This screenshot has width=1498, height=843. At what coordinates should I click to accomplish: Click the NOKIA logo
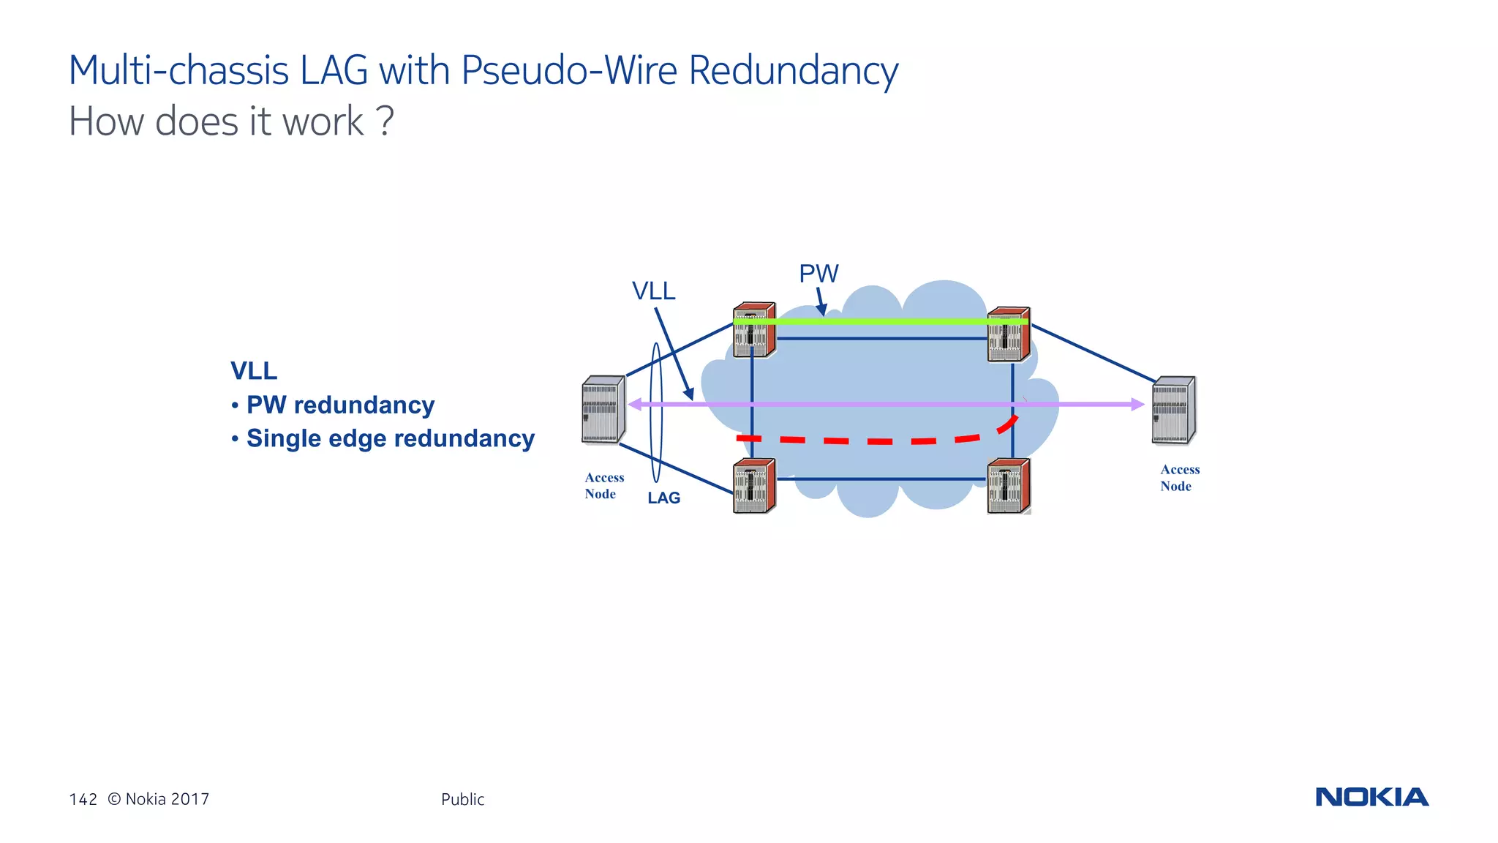coord(1371,797)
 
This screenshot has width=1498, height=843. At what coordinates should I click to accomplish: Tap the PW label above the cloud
coord(818,274)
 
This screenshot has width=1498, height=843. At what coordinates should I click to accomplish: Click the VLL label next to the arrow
coord(653,291)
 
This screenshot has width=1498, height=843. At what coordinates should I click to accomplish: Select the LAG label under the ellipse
coord(663,498)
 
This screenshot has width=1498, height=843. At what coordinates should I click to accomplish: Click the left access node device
coord(603,410)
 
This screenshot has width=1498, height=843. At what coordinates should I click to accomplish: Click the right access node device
coord(1173,411)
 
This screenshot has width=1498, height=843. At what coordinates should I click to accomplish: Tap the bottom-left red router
coord(754,487)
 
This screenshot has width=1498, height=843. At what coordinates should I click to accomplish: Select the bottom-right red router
coord(1009,487)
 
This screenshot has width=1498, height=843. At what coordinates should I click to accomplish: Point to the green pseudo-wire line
coord(878,321)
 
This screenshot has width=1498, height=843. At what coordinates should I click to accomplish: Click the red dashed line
coord(878,441)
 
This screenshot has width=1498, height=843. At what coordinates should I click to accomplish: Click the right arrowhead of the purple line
coord(1137,404)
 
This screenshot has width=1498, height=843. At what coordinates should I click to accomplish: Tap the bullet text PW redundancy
coord(340,405)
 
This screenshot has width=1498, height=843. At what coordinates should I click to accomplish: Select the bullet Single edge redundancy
coord(390,438)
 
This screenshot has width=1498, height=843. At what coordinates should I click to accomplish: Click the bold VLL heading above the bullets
coord(254,371)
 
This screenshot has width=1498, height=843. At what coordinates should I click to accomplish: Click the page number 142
coord(83,799)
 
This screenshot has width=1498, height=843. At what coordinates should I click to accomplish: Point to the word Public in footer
coord(462,799)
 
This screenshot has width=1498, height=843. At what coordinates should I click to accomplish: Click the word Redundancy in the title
coord(793,71)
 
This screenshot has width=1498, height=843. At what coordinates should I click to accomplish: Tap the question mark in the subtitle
coord(386,121)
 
